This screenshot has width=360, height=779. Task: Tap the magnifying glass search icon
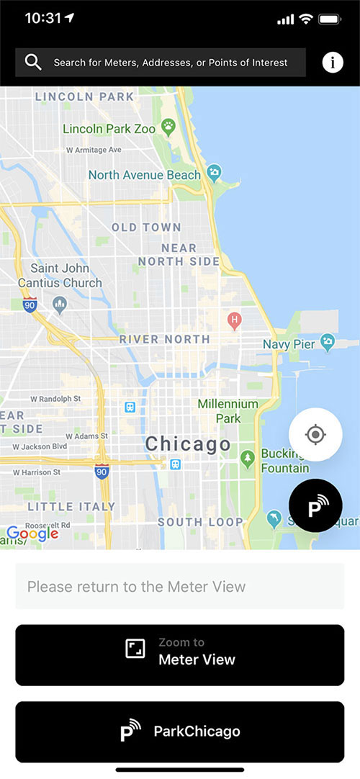click(33, 63)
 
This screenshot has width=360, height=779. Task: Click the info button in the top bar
click(333, 63)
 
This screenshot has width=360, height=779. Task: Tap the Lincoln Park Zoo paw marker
click(168, 128)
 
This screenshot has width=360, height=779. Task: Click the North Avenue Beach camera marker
click(214, 174)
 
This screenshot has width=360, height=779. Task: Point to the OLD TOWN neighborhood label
click(146, 228)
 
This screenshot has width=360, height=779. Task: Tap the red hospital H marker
click(233, 319)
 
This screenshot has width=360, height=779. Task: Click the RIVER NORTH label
click(165, 339)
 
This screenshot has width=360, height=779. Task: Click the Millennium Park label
click(228, 411)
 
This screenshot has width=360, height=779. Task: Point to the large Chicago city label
click(188, 444)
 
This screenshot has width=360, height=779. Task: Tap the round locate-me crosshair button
click(315, 435)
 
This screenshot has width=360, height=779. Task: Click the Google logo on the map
click(32, 533)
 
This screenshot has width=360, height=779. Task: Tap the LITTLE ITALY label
click(71, 507)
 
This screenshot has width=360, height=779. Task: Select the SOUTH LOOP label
click(200, 522)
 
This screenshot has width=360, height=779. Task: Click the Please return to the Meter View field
click(180, 586)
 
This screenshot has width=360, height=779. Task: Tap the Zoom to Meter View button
click(180, 654)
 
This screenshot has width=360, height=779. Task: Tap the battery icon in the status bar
click(330, 19)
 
